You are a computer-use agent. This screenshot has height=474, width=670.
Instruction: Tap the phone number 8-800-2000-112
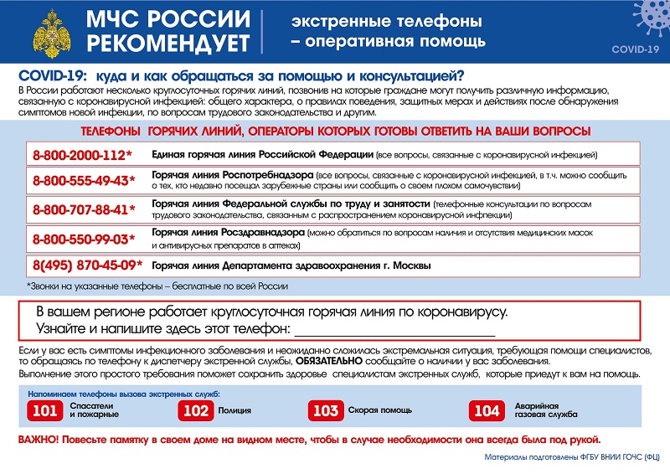tap(82, 156)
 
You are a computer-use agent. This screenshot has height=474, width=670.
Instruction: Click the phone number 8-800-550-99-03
tap(82, 240)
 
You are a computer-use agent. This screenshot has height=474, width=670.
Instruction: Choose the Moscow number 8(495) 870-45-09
tap(87, 266)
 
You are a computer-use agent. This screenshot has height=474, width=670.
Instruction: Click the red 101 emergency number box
tap(44, 410)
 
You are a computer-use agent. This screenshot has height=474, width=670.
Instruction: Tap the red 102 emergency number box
tap(195, 410)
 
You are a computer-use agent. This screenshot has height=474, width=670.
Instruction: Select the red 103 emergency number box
tap(323, 410)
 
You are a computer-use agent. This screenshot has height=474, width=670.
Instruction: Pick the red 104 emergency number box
tap(487, 410)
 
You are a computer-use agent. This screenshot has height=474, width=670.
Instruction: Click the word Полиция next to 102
tap(234, 410)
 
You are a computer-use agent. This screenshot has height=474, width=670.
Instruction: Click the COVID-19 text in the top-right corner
tap(635, 49)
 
